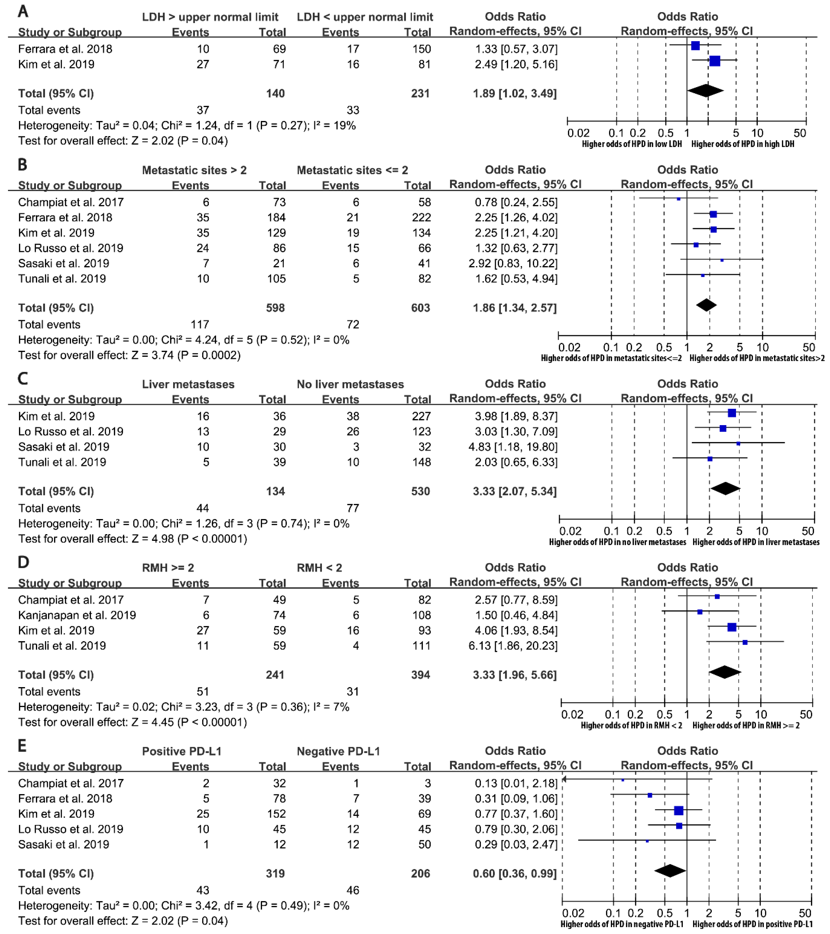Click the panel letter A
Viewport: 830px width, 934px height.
pyautogui.click(x=23, y=11)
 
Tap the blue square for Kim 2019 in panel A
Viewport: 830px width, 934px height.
pyautogui.click(x=715, y=61)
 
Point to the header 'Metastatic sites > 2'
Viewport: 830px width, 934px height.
pyautogui.click(x=194, y=170)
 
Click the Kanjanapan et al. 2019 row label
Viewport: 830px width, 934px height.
pyautogui.click(x=77, y=615)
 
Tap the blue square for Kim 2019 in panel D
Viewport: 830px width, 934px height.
pyautogui.click(x=732, y=627)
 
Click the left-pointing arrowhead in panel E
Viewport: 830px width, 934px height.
pyautogui.click(x=565, y=779)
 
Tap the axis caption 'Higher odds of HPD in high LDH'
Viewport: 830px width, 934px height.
pyautogui.click(x=743, y=144)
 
